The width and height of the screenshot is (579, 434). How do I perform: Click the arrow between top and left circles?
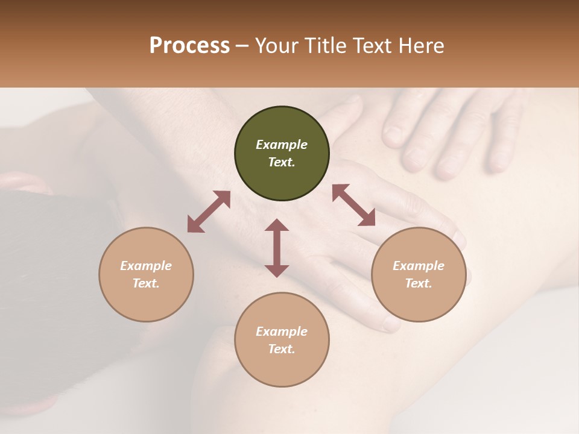click(209, 212)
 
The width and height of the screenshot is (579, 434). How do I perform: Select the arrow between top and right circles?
click(353, 206)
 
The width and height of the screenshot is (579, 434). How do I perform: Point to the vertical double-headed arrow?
click(277, 248)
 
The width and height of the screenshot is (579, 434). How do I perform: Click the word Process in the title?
click(189, 46)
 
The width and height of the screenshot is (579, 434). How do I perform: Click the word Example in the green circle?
click(282, 145)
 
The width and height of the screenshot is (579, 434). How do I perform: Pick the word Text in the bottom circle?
click(282, 349)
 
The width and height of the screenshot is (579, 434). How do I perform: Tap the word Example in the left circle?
click(146, 266)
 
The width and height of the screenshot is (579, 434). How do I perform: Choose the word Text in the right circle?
click(419, 283)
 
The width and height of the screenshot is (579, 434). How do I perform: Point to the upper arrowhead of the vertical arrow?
click(277, 225)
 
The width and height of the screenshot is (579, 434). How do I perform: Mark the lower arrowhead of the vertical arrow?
click(277, 271)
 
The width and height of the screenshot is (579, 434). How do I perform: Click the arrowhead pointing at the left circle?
click(195, 225)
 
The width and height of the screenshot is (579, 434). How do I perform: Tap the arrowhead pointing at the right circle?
click(367, 219)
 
